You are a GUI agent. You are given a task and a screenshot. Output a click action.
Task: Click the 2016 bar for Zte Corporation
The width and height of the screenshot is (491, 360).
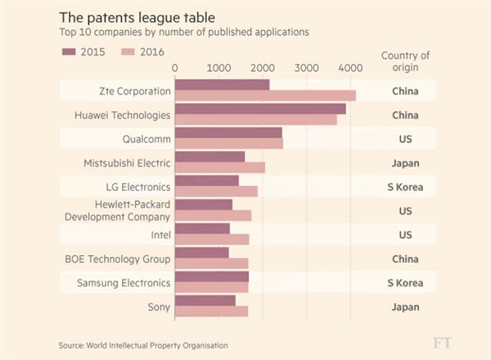(265, 96)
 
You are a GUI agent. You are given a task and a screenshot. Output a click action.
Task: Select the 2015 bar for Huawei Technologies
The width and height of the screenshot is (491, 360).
(260, 109)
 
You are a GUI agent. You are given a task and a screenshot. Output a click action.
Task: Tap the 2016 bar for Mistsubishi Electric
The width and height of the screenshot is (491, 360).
(220, 167)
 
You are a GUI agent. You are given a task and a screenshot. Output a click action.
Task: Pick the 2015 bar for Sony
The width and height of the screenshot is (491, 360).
(205, 301)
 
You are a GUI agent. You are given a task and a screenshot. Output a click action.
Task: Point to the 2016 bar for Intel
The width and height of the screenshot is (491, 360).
(212, 239)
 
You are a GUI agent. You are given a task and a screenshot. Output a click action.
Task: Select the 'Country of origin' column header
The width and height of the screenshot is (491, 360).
(404, 61)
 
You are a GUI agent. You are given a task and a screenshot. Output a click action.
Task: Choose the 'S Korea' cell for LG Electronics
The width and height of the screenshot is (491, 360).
(404, 187)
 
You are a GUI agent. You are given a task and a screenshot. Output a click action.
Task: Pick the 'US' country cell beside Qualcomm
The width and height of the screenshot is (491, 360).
(404, 138)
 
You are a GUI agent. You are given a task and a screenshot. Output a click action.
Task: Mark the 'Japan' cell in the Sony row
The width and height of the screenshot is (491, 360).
(404, 307)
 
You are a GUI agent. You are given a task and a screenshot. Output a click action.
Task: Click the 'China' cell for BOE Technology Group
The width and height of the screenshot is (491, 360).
(404, 259)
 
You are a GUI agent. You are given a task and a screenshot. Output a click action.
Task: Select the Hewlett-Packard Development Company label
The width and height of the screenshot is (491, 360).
(117, 210)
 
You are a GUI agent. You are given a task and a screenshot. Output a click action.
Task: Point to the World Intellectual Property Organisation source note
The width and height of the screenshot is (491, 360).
(143, 345)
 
